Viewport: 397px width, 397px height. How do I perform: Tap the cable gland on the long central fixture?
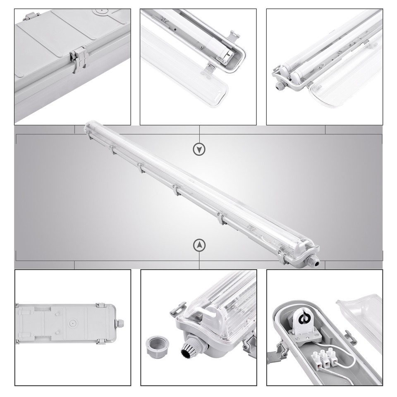pyautogui.click(x=314, y=260)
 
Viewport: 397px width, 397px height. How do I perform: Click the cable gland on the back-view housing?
pyautogui.click(x=121, y=323)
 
